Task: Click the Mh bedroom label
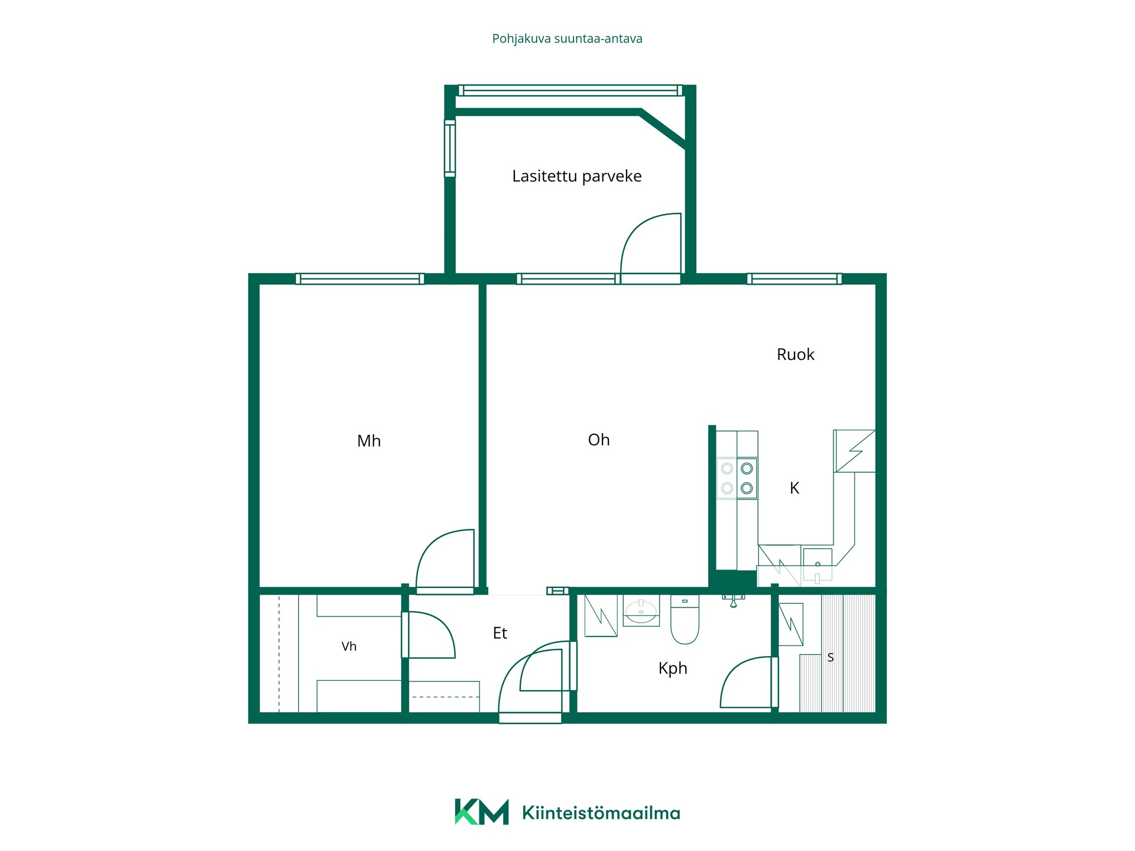[369, 441]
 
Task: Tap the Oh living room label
[599, 440]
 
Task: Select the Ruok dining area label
[795, 355]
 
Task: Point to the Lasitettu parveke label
[576, 176]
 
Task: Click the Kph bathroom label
[673, 668]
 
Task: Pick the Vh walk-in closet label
[349, 647]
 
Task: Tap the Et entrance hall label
[500, 633]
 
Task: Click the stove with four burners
[737, 478]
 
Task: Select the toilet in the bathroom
[685, 619]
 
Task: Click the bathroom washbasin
[641, 611]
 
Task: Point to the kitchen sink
[818, 564]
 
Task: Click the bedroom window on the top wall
[359, 279]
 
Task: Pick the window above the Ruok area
[794, 279]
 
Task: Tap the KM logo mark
[481, 812]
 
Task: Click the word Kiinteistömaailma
[601, 813]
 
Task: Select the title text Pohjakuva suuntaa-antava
[567, 39]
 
